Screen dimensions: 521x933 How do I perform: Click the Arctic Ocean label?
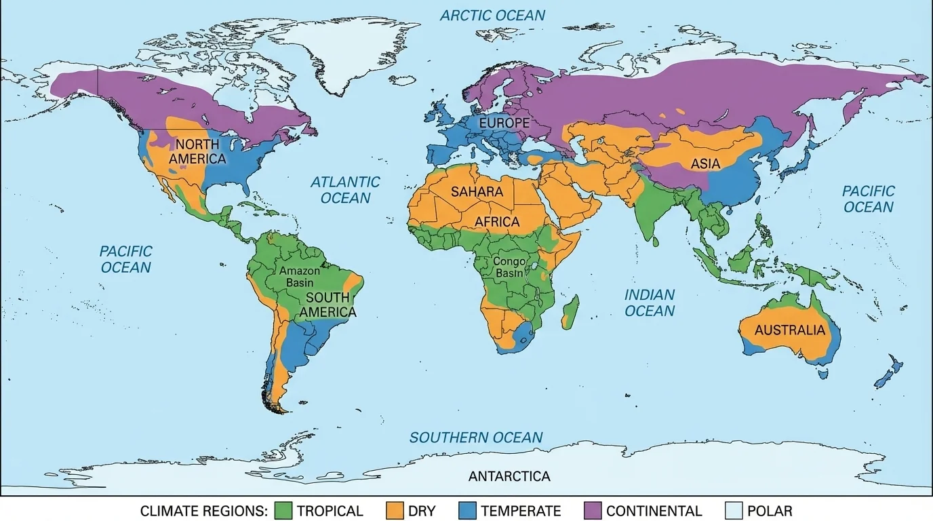[x=492, y=15]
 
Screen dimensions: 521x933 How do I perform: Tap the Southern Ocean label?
[x=476, y=438]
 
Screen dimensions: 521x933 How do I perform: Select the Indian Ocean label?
[x=650, y=303]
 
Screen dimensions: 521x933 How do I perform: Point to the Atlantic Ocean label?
[x=345, y=190]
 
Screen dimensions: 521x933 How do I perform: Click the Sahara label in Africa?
[x=477, y=192]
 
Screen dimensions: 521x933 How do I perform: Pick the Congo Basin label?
[x=509, y=267]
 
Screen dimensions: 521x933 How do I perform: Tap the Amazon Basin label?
[x=300, y=276]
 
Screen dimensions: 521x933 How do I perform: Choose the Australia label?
[x=790, y=331]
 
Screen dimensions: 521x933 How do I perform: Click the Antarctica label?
[x=509, y=476]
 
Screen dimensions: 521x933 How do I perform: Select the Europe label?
[x=504, y=123]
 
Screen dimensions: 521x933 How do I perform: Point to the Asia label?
[x=705, y=164]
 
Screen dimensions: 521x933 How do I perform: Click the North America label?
[x=197, y=152]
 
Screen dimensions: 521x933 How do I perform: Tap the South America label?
[x=327, y=305]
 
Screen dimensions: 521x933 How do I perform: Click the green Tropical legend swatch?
[x=283, y=511]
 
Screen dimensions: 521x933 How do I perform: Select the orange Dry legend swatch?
[x=395, y=511]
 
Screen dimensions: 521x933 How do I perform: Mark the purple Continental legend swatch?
[x=593, y=511]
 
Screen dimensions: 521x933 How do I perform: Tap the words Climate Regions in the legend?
[x=203, y=511]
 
